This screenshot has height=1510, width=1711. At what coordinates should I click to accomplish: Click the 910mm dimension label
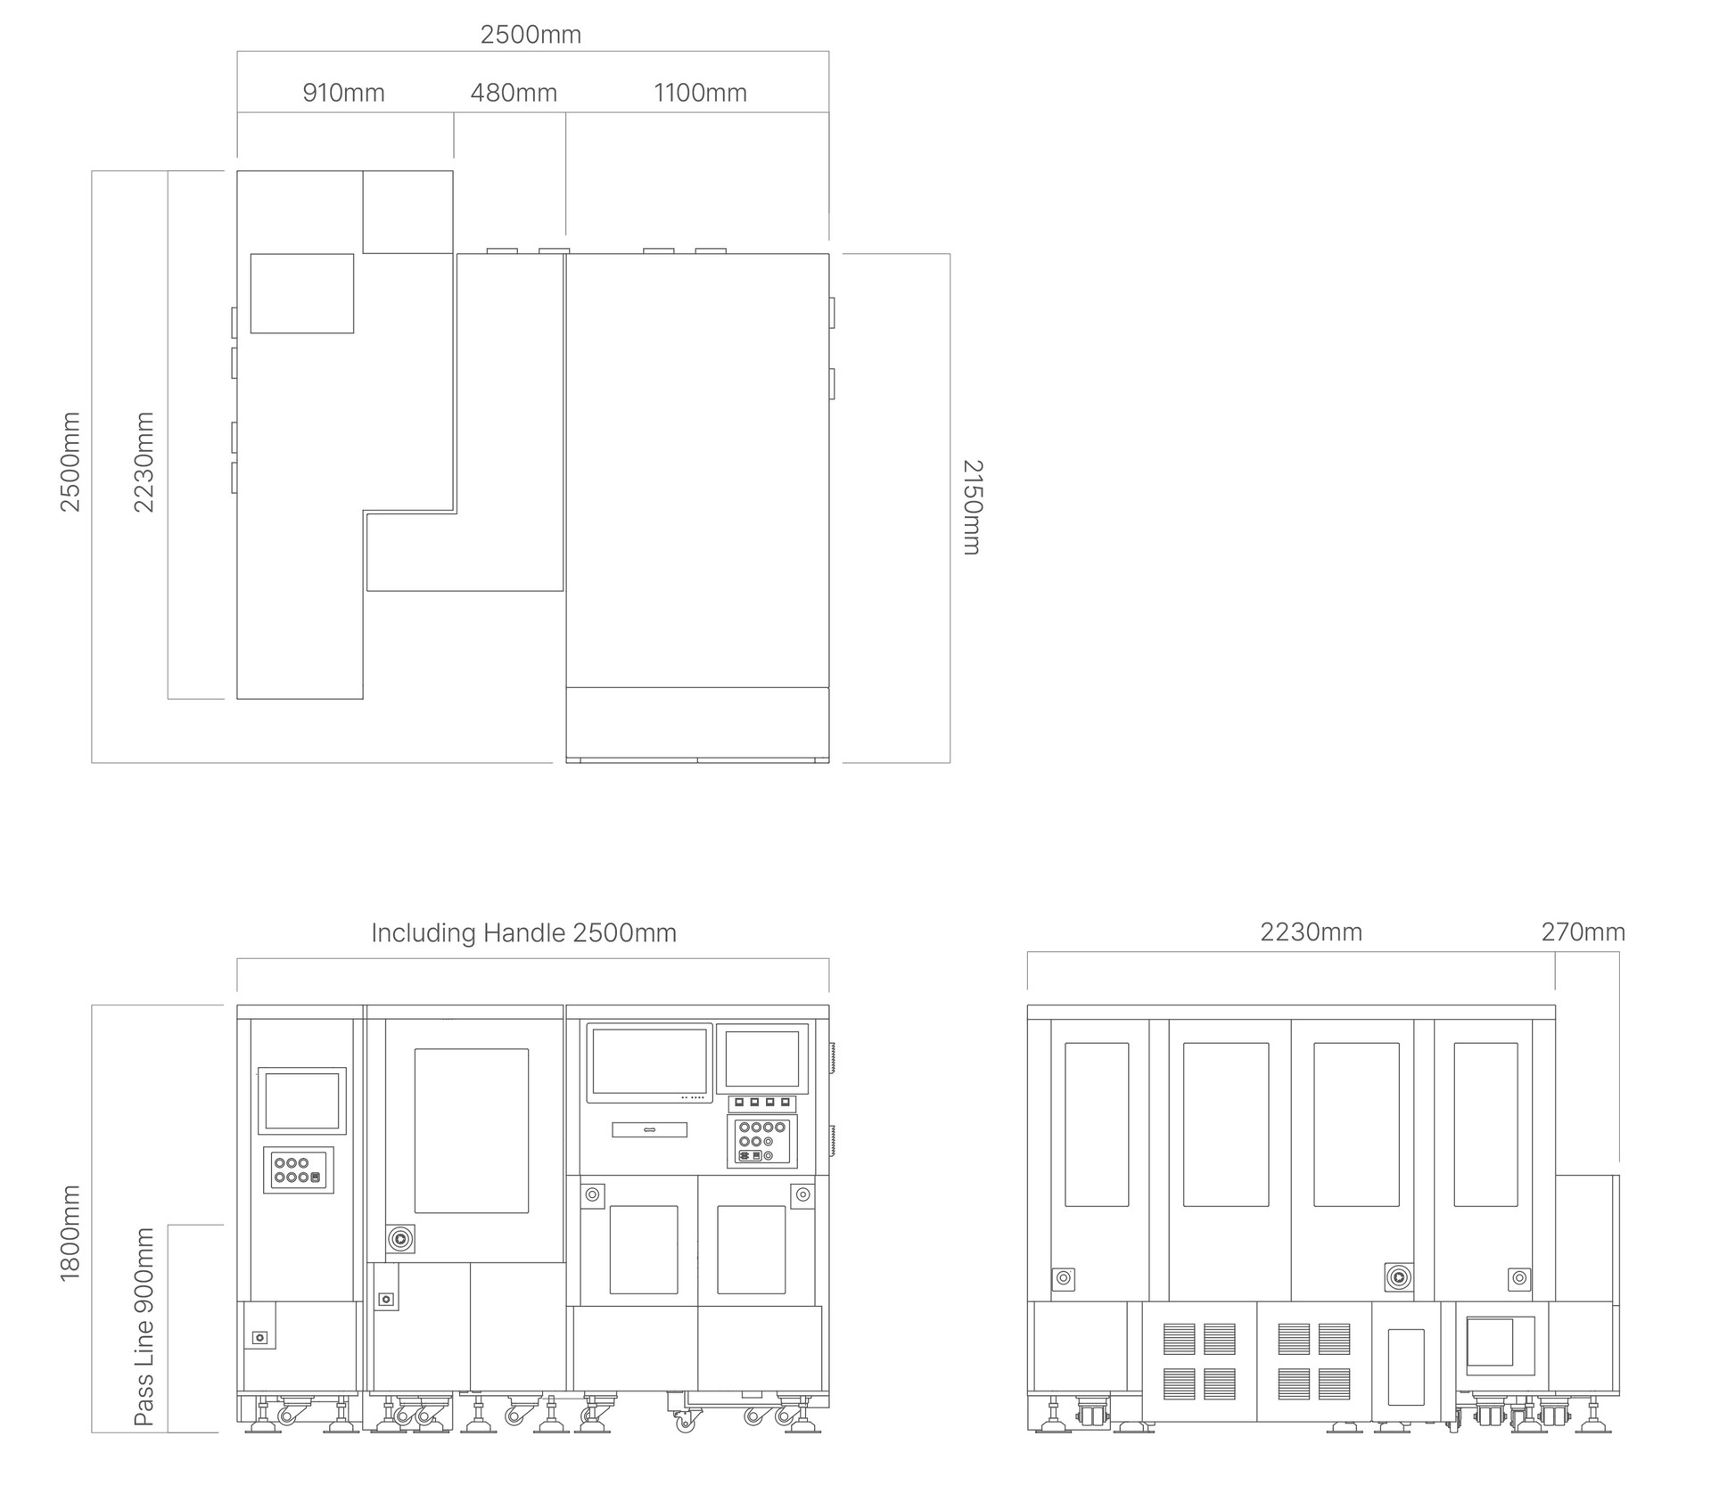[343, 93]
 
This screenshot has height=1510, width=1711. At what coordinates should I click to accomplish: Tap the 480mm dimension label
[514, 93]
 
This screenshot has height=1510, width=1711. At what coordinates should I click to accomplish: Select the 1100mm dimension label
[700, 93]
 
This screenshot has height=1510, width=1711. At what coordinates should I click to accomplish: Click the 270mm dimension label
[1583, 932]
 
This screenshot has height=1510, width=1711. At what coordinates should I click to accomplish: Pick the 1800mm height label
[70, 1233]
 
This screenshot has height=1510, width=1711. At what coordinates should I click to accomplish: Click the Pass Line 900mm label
[144, 1326]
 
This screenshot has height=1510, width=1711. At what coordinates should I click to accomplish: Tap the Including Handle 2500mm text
[523, 933]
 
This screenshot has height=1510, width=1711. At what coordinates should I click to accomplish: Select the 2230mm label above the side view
[1311, 932]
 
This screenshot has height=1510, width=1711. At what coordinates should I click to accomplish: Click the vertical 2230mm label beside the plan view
[144, 462]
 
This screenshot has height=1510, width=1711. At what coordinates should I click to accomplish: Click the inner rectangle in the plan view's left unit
[302, 293]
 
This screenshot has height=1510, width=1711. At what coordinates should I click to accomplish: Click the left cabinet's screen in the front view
[302, 1101]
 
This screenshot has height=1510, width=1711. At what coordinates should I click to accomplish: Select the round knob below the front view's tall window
[401, 1238]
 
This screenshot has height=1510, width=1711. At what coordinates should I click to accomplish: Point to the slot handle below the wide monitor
[650, 1130]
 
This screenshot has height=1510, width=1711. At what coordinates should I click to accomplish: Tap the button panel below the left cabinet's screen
[299, 1170]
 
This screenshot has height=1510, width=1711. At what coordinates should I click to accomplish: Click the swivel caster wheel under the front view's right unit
[684, 1422]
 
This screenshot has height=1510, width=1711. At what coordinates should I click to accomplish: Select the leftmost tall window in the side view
[1097, 1125]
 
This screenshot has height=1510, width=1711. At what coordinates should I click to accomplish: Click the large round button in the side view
[1398, 1277]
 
